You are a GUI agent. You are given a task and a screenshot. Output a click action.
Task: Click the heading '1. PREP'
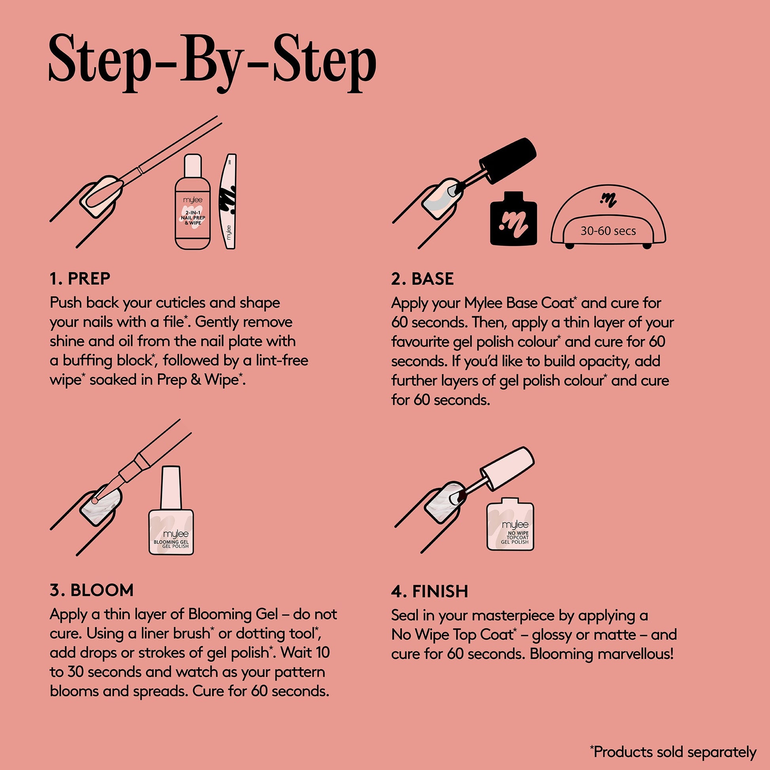point(80,279)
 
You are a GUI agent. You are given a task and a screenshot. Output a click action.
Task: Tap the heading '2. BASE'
point(423,279)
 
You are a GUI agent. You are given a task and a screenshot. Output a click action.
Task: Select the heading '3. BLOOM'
point(92,590)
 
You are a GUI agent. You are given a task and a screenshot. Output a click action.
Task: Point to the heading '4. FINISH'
point(430,591)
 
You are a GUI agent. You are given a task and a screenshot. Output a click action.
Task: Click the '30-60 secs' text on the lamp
point(608,231)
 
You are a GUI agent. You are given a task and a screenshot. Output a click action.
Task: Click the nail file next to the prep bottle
point(228,202)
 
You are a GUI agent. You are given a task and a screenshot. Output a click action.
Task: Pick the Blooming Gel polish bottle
point(171,510)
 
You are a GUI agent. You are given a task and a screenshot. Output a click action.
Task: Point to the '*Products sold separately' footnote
point(673,752)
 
